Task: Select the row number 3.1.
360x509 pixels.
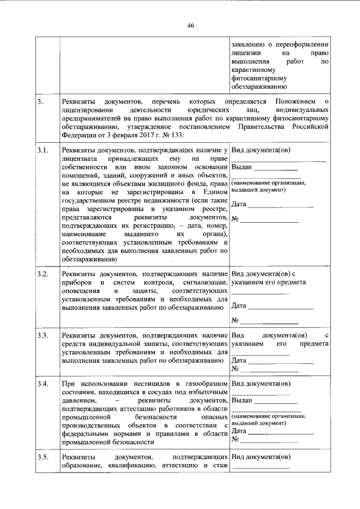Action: click(x=44, y=151)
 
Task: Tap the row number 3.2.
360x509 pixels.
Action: click(x=44, y=273)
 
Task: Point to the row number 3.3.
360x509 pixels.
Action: click(x=44, y=336)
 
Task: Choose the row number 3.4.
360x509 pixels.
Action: click(x=44, y=384)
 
